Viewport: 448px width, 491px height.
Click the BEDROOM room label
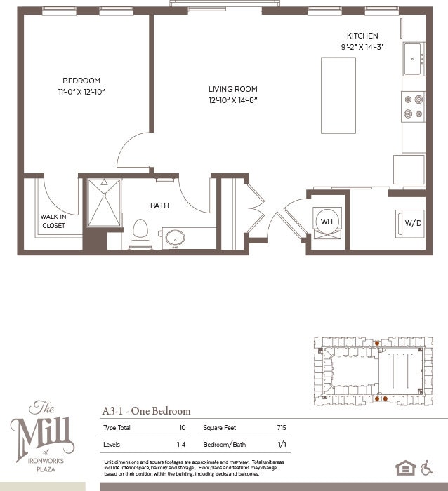(x=81, y=81)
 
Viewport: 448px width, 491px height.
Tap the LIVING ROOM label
(x=232, y=89)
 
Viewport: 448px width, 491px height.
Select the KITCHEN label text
(x=362, y=36)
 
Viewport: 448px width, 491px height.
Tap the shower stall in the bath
(x=104, y=203)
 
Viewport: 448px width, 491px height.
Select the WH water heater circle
(x=327, y=222)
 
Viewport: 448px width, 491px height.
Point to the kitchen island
(x=338, y=95)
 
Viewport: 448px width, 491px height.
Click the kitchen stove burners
(x=413, y=107)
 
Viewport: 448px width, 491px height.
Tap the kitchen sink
(x=412, y=59)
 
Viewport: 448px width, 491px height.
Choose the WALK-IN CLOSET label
(x=53, y=221)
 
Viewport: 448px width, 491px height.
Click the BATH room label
(x=159, y=206)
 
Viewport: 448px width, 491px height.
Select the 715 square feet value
(x=282, y=427)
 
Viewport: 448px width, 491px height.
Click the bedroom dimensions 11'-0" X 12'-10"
(x=81, y=92)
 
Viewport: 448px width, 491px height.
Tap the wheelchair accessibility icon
(x=426, y=468)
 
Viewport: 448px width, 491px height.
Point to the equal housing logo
(x=405, y=468)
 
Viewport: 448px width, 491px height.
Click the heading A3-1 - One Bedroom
(x=146, y=411)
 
